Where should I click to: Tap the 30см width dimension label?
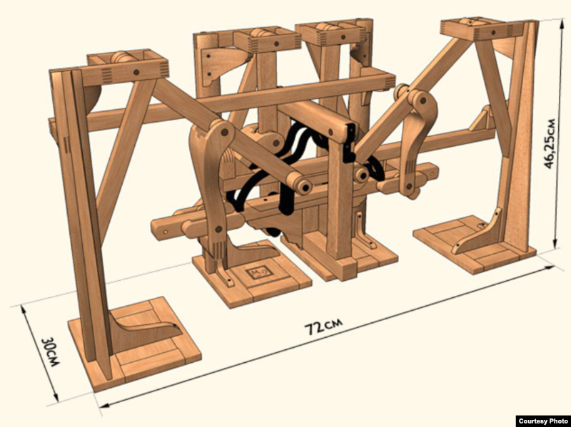tap(51, 351)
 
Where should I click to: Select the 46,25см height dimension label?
tap(550, 143)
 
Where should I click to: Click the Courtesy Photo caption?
tap(543, 421)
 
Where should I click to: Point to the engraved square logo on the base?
tap(258, 272)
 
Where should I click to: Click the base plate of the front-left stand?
tap(135, 345)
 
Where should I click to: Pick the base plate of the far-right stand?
tap(474, 245)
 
